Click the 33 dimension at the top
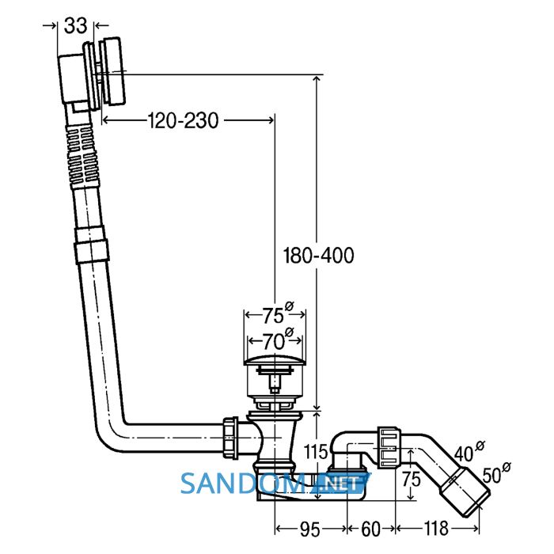(76, 26)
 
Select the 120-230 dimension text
(183, 120)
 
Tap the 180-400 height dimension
(318, 256)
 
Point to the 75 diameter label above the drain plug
(277, 313)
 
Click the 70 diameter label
(277, 340)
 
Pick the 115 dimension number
(317, 452)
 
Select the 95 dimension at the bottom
(310, 529)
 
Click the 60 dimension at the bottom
(371, 529)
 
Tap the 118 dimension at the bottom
(436, 529)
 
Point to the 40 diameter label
(469, 451)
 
